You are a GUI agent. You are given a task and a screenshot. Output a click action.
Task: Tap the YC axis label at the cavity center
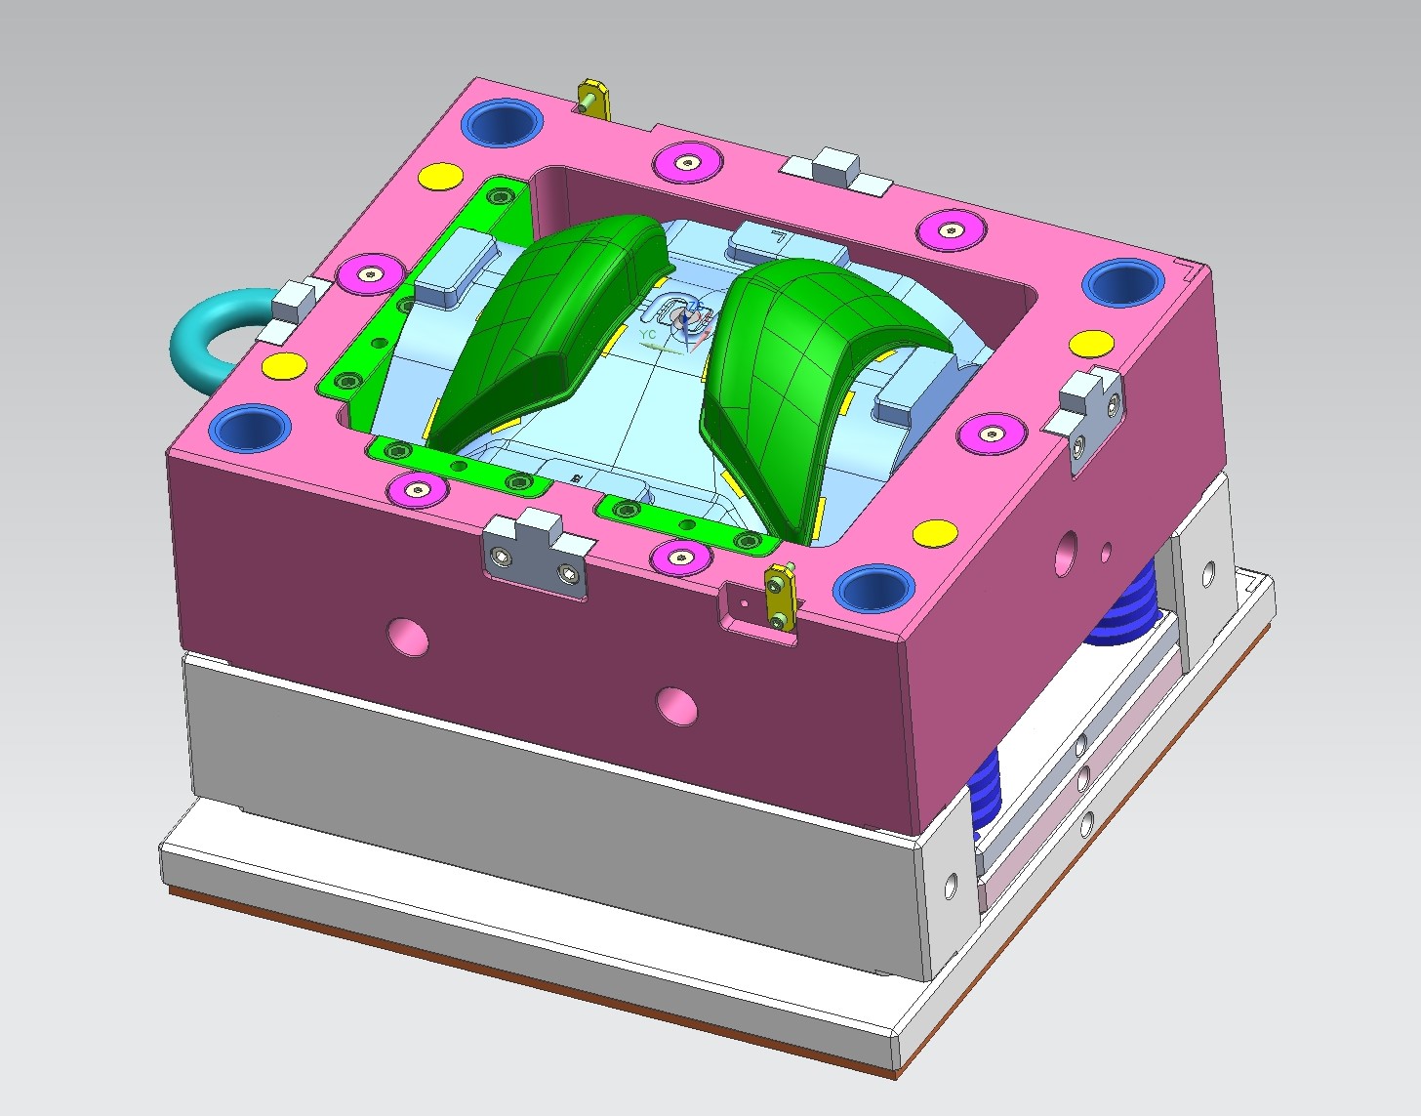[x=647, y=335]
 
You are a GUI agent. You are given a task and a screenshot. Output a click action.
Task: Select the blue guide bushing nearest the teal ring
[x=254, y=427]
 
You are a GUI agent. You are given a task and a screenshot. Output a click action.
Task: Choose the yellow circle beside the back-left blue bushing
[x=440, y=177]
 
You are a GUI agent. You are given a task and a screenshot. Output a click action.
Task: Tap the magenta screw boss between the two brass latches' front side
[x=681, y=557]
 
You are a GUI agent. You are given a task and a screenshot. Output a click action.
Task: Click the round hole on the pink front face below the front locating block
[x=407, y=636]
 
